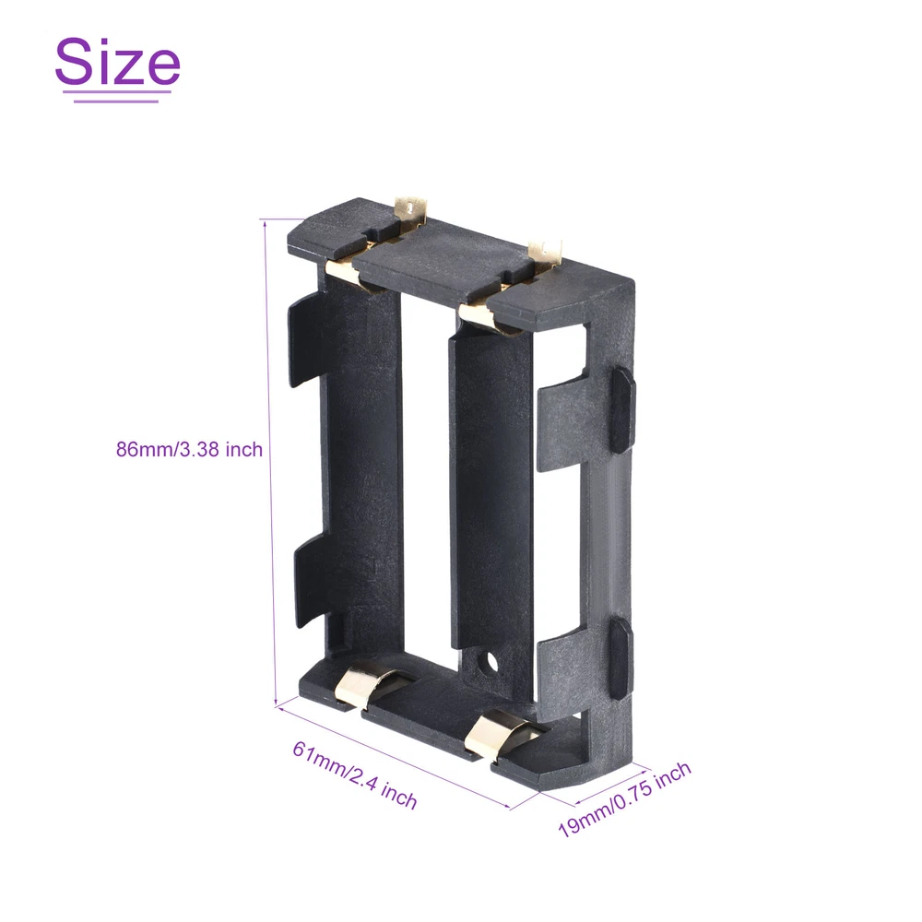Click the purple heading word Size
tap(118, 61)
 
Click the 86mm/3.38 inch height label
tap(189, 450)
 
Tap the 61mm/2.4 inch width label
tap(355, 775)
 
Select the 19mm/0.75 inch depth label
tap(624, 799)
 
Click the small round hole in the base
tap(487, 664)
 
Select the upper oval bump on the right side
tap(622, 410)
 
